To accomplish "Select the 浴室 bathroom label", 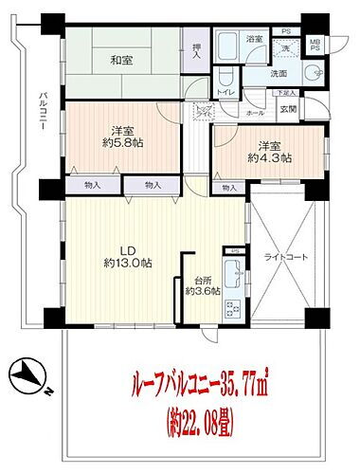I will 254,39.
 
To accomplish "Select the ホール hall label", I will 256,112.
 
